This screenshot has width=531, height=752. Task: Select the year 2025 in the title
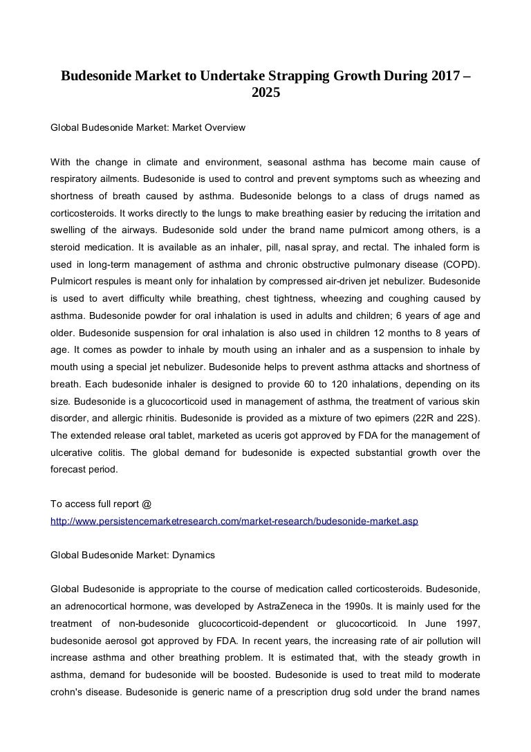265,91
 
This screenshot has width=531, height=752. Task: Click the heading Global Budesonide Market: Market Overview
149,128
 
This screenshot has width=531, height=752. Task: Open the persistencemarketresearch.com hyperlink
234,521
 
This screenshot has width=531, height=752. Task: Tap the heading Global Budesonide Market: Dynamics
133,555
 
